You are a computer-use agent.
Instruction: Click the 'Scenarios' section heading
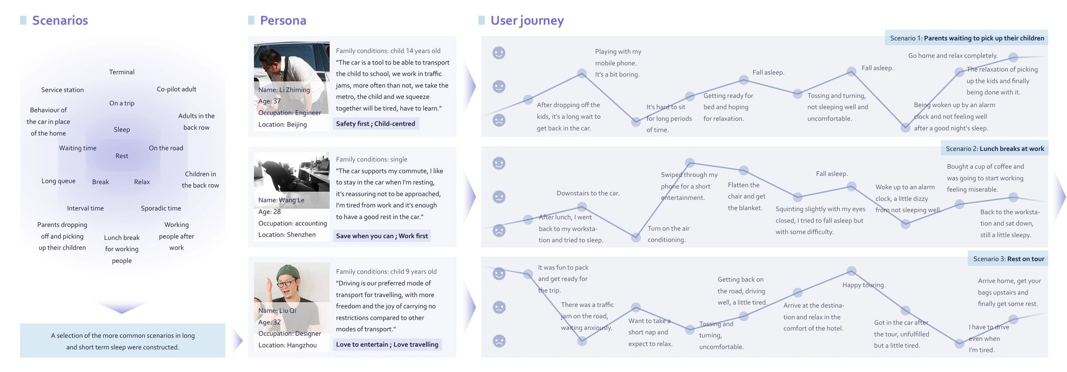pos(60,20)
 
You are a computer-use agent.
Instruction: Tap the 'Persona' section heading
pos(283,20)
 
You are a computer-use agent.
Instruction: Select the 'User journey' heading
pos(527,21)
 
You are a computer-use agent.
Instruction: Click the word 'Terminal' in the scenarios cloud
pos(122,72)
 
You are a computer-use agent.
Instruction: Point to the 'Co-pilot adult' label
pos(176,89)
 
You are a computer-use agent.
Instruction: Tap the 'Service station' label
pos(63,90)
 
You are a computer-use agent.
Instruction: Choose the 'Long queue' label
pos(58,181)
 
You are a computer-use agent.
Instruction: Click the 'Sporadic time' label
pos(161,208)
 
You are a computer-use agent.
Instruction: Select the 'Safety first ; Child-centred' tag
pos(376,124)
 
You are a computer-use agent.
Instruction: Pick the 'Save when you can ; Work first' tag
pos(382,236)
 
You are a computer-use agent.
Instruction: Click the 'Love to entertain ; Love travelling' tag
pos(387,345)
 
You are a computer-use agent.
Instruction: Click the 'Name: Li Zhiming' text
pos(284,90)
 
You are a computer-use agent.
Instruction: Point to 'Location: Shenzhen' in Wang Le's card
pos(287,235)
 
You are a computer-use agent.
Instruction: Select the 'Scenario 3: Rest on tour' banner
pos(1008,259)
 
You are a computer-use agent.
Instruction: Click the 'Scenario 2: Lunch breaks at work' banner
pos(994,149)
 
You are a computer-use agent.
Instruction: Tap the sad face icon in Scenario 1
pos(499,120)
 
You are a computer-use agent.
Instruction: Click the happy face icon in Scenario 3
pos(499,274)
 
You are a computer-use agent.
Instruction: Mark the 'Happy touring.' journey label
pos(864,285)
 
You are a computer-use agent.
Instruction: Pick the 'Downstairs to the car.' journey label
pos(588,193)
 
